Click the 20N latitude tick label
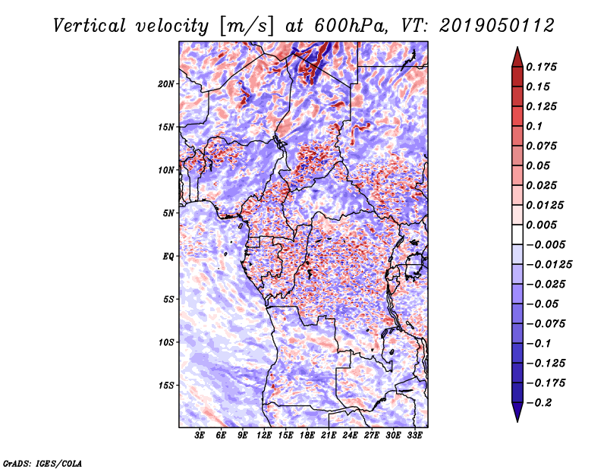coord(166,84)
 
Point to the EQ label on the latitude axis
coord(168,257)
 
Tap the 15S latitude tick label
coord(166,386)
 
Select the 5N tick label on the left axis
coord(168,213)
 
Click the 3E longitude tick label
coord(200,436)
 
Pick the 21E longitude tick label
coord(329,436)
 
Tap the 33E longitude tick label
coord(414,436)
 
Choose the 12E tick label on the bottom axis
coord(264,436)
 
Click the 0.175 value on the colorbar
coord(541,67)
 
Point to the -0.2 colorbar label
coord(539,403)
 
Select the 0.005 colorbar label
coord(541,225)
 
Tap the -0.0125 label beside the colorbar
coord(549,265)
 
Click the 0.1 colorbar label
coord(534,126)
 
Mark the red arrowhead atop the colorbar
coord(517,57)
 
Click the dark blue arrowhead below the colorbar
coord(517,412)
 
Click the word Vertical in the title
coord(89,26)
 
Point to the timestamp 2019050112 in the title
coord(497,26)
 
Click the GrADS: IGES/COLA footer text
coord(42,463)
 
